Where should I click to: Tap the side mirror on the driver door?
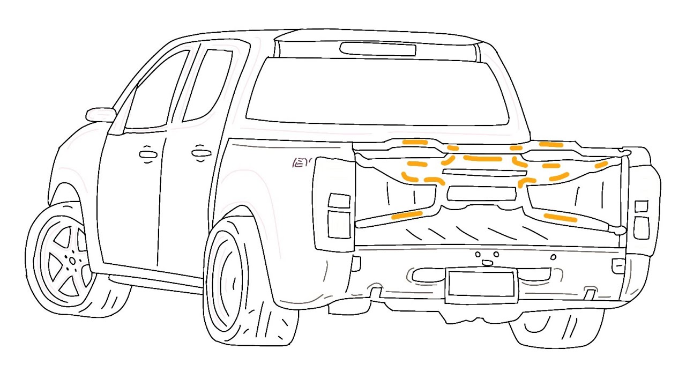(100, 114)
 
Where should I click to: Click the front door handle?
(148, 154)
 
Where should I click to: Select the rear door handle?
(201, 153)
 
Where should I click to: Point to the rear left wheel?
(236, 283)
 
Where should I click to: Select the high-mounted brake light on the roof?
(378, 49)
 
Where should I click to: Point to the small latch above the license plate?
(487, 262)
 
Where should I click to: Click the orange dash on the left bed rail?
(407, 216)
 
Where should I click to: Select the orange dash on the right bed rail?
(560, 218)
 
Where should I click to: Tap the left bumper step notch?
(376, 292)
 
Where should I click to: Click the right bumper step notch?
(590, 293)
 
